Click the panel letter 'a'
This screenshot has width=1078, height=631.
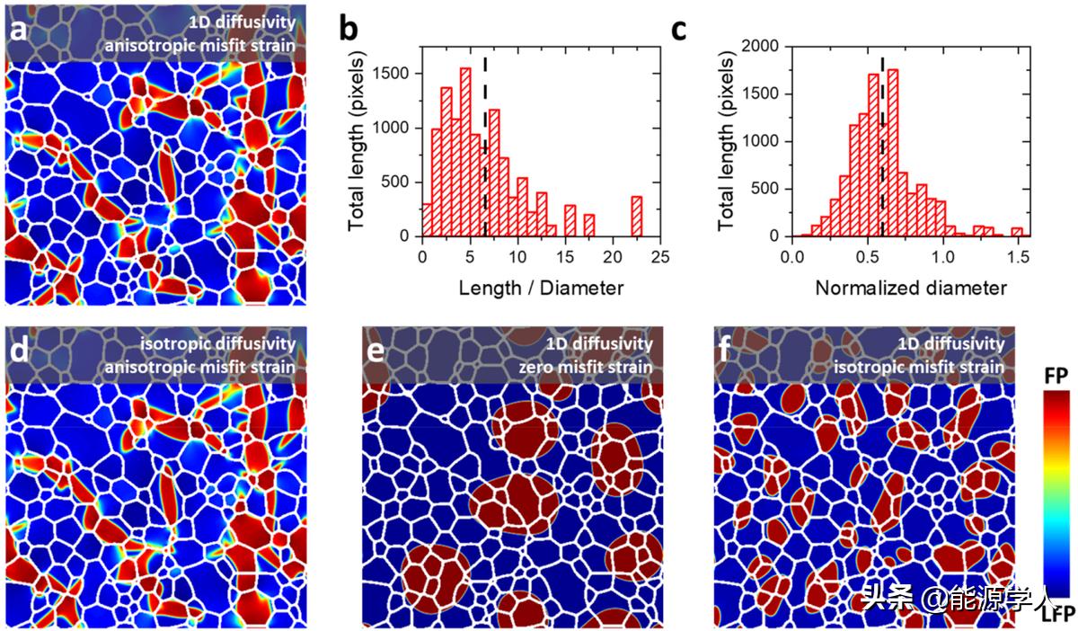point(18,31)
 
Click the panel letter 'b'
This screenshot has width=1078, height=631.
point(349,29)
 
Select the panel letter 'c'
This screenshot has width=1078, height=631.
point(680,29)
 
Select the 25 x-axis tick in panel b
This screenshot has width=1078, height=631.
point(660,255)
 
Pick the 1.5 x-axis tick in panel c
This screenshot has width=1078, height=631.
point(1018,255)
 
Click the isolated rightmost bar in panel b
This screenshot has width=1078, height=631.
point(636,216)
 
